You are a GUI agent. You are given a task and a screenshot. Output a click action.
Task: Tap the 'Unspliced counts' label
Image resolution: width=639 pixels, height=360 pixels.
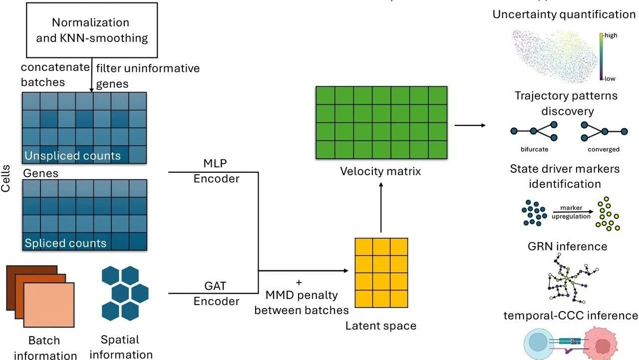click(x=72, y=156)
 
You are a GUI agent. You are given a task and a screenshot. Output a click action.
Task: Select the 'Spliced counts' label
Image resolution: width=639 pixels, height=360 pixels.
click(x=65, y=243)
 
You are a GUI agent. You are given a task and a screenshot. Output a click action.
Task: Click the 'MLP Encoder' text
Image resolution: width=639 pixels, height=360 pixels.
click(x=216, y=171)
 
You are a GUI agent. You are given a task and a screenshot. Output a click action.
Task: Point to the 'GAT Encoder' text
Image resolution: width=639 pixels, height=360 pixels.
click(x=216, y=294)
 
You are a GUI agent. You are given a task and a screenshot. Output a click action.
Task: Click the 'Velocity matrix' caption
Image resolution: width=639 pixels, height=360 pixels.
click(x=380, y=171)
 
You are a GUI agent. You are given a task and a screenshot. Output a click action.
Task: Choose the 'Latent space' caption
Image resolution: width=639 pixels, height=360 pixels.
click(x=380, y=326)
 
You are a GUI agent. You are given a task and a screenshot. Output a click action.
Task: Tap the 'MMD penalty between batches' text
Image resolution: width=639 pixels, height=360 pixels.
click(x=301, y=303)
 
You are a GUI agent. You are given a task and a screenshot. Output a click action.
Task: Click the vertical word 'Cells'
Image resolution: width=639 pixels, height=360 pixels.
click(x=5, y=179)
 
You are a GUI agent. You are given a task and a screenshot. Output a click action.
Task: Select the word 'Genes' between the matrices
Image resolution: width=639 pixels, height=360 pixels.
click(x=40, y=173)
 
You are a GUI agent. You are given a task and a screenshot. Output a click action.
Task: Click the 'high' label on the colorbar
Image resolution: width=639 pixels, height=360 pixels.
click(x=611, y=35)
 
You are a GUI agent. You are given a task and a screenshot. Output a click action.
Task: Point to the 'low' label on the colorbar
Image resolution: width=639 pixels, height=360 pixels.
click(x=610, y=79)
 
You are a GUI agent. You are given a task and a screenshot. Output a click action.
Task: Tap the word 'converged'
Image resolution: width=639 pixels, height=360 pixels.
click(x=604, y=149)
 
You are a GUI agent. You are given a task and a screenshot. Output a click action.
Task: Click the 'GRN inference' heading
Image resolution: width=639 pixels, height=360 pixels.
click(x=567, y=246)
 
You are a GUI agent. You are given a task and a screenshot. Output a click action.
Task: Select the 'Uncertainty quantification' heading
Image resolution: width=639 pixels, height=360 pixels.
click(x=564, y=14)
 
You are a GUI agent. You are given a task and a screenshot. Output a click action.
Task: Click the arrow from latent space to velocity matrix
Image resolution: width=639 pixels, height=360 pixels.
click(x=381, y=207)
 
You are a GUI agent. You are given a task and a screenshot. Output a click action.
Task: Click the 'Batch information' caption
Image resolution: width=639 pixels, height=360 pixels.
click(x=45, y=348)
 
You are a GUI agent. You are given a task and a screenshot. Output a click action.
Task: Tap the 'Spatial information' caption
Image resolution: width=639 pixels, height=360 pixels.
click(x=120, y=347)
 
